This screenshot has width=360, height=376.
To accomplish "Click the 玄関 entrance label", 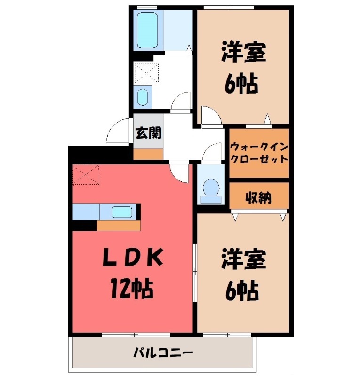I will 148,133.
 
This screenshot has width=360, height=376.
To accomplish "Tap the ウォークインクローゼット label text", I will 259,152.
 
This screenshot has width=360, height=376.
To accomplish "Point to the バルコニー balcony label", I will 163,352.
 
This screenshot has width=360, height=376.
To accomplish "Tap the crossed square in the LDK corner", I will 86,174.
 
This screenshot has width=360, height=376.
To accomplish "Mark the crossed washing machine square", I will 146,73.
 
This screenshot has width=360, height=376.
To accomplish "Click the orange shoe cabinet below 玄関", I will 148,154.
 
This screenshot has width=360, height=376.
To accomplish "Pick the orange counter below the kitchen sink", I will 119,226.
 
